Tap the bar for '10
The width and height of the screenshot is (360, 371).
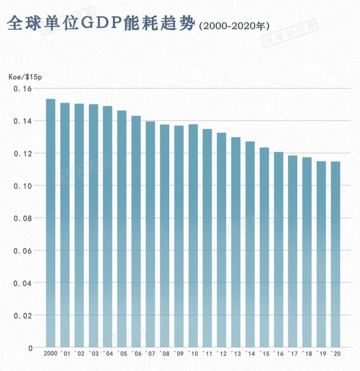(x=193, y=236)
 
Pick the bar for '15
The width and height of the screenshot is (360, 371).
(x=264, y=247)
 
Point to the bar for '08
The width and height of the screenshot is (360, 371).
(x=164, y=236)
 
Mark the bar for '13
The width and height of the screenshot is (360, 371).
(x=236, y=242)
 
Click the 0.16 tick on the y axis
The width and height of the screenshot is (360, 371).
(x=23, y=89)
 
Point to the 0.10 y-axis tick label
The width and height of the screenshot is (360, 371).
(x=23, y=186)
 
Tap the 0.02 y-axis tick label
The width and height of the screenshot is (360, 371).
(x=23, y=315)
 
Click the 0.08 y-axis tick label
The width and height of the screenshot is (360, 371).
(x=23, y=218)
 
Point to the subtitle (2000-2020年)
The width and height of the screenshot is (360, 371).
(x=235, y=26)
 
